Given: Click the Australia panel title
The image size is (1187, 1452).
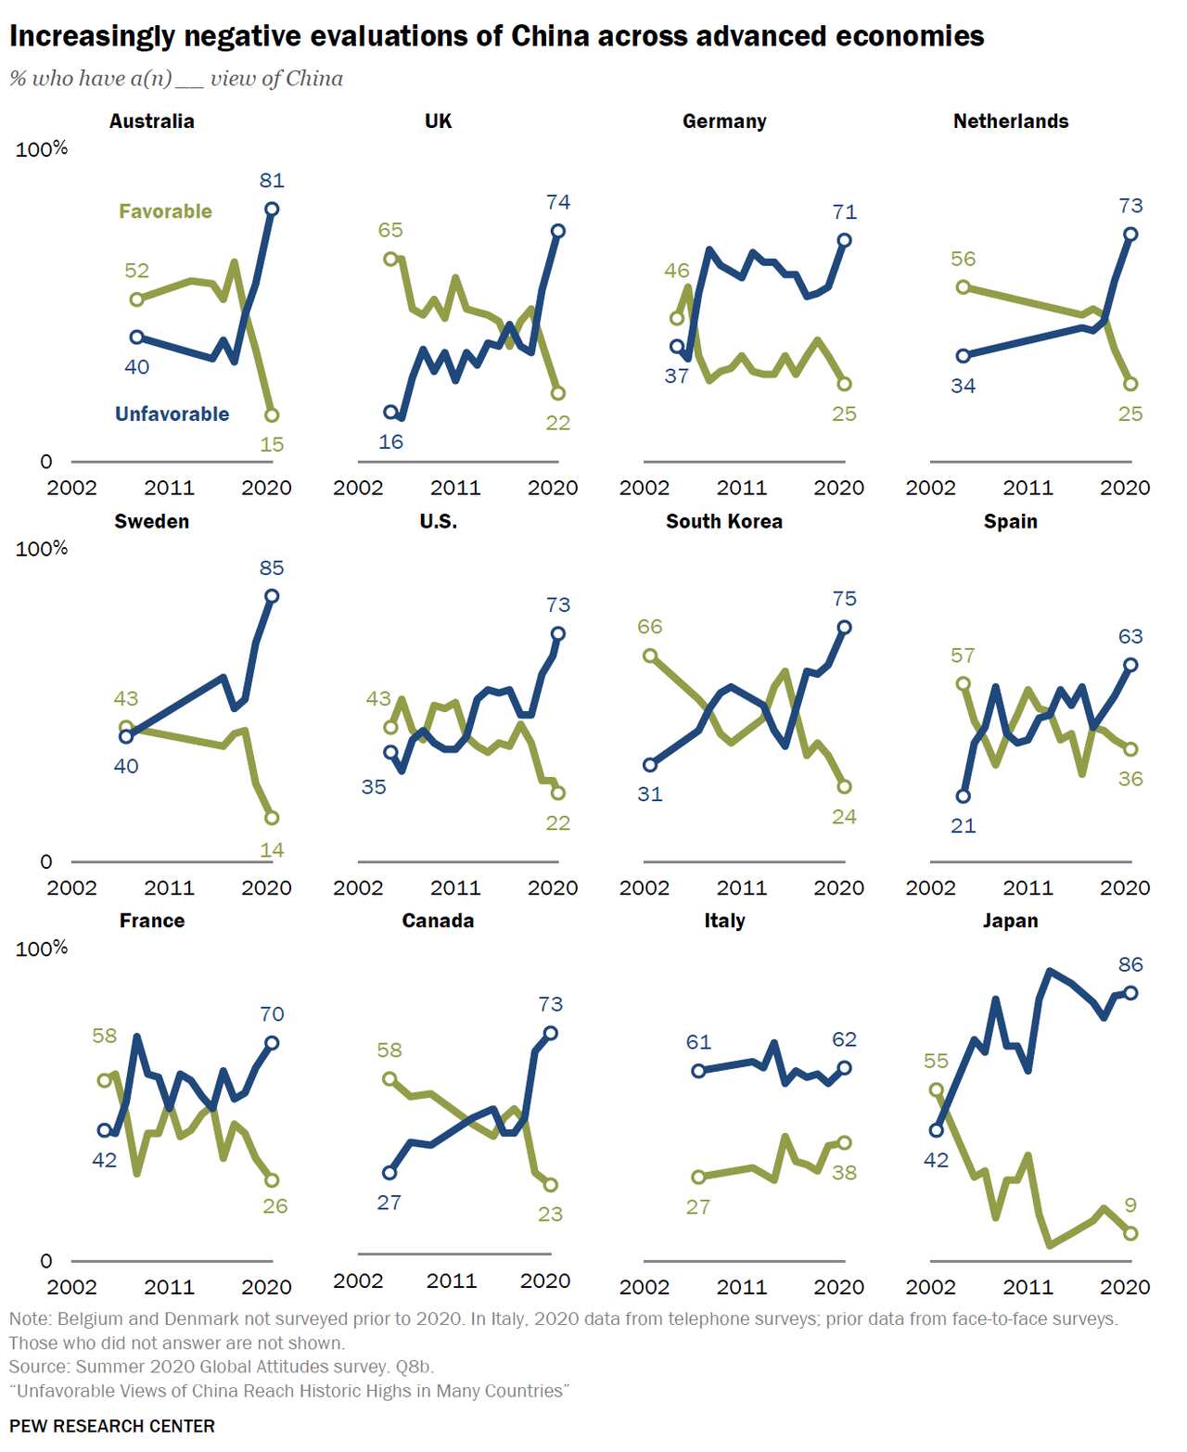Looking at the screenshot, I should pos(151,121).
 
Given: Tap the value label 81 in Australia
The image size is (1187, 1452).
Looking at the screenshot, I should pos(272,181).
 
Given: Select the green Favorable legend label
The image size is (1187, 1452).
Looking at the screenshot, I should pos(165,211).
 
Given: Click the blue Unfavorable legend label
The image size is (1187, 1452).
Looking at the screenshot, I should pos(172,414).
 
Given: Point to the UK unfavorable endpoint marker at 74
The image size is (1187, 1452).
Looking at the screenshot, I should pos(557,231).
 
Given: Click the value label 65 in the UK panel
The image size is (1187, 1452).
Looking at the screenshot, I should pos(390,230).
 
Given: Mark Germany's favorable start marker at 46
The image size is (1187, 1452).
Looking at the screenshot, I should pos(677,318).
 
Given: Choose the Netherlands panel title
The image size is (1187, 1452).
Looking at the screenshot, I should pos(1010,121).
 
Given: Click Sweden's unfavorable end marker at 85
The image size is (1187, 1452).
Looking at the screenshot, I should pos(272,596).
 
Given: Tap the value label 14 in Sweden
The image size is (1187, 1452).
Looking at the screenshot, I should pos(272,850).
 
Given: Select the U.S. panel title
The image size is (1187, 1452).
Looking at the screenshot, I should pos(438,521).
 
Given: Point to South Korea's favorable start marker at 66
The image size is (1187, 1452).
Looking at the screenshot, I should pos(650,656).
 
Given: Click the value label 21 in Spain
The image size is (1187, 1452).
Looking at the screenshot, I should pos(964,826).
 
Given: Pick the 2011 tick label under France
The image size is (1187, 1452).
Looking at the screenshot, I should pos(169,1287).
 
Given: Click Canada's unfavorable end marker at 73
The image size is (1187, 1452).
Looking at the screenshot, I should pos(550,1033).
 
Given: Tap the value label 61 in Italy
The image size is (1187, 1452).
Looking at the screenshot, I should pos(698,1042).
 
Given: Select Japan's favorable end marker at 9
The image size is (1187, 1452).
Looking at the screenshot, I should pos(1130,1233).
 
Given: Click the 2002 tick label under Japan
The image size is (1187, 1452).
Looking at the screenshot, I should pos(930,1287).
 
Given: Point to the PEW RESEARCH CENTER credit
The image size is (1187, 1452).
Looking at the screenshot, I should pos(112,1426).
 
